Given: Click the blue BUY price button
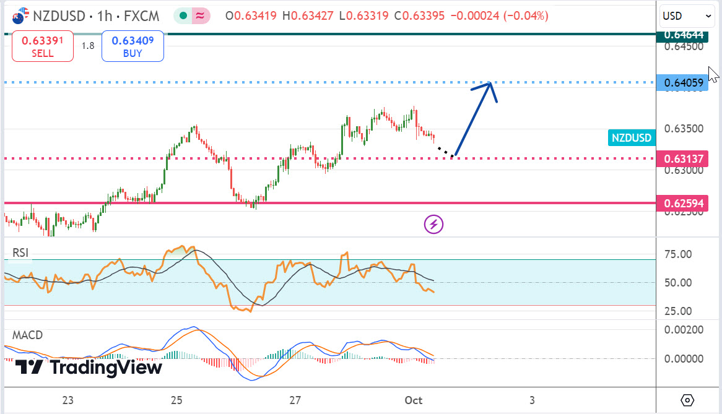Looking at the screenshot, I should [x=133, y=46].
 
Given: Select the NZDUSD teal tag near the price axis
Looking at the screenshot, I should [x=632, y=138].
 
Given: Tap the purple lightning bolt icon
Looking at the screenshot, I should [x=433, y=224].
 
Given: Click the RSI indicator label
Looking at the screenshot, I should [x=21, y=252].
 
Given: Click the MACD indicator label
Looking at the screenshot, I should [x=28, y=335].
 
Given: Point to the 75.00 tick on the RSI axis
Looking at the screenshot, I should [x=678, y=254].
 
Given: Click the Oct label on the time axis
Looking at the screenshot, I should [x=414, y=400].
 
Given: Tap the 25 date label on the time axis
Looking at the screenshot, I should [x=176, y=400].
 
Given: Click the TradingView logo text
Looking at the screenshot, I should [x=105, y=367].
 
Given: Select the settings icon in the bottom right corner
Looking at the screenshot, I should [x=687, y=399].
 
